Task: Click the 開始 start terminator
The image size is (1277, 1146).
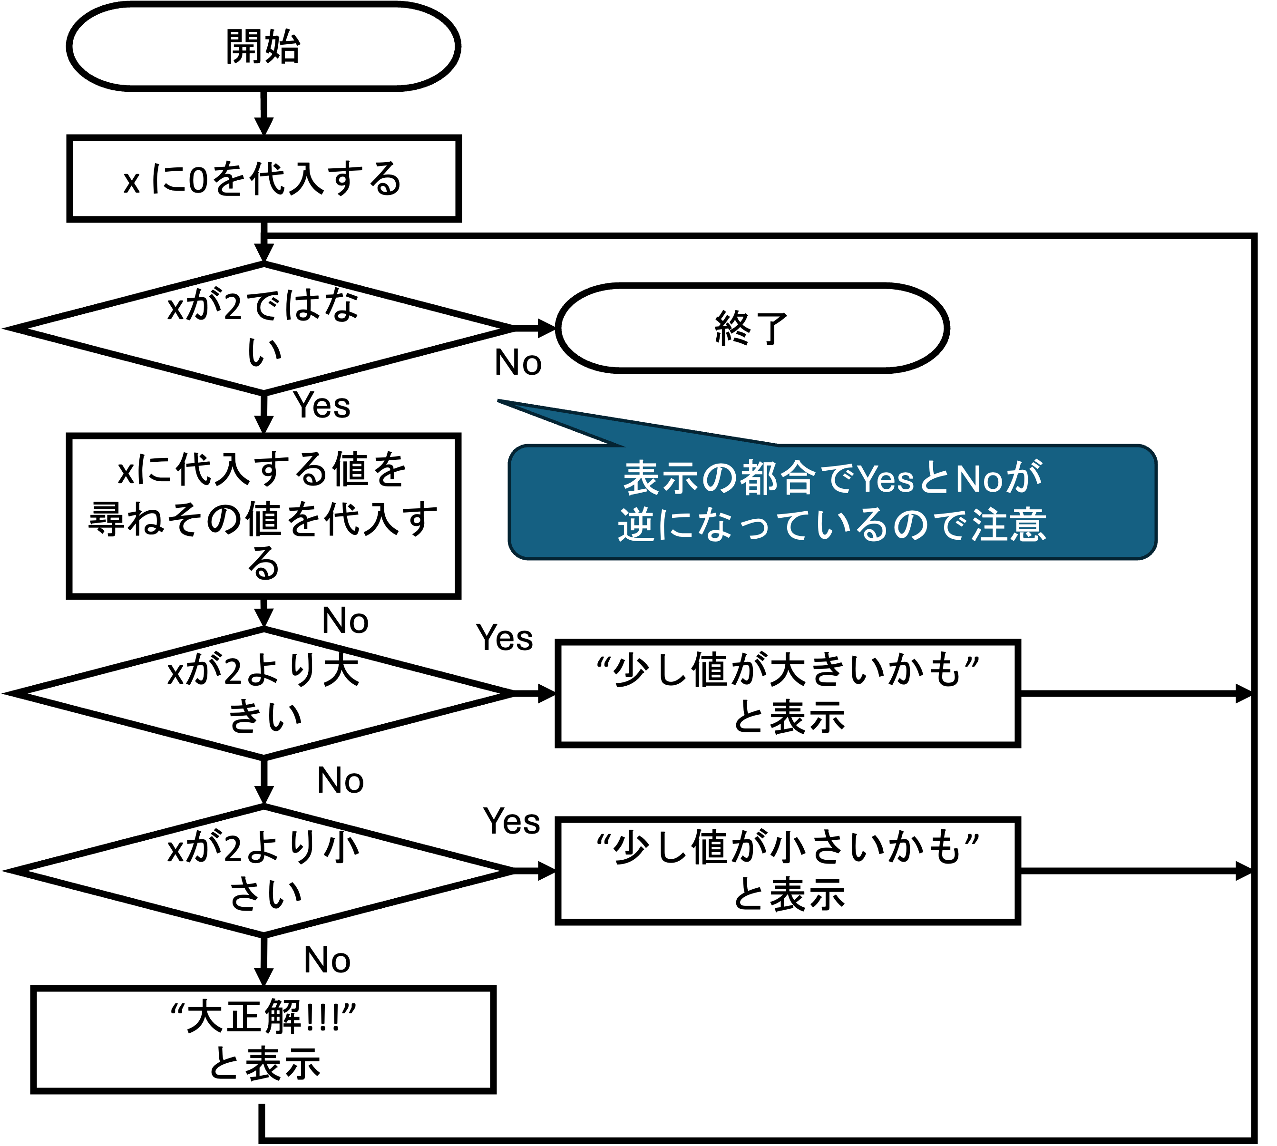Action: click(263, 47)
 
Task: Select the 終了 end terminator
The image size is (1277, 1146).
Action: click(752, 328)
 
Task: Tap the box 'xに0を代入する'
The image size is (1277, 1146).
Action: click(264, 179)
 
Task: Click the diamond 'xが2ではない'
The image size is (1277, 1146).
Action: click(264, 329)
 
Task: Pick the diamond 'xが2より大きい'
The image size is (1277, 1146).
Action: click(264, 693)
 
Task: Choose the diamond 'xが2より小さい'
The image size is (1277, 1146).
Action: click(264, 871)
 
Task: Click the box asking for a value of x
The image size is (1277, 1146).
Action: click(264, 515)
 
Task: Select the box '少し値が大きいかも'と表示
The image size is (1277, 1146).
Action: click(788, 693)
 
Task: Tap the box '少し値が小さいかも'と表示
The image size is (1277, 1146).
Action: click(788, 871)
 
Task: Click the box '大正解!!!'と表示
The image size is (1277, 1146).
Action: click(263, 1039)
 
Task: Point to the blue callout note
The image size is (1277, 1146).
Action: click(832, 502)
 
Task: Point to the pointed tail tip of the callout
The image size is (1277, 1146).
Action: click(499, 400)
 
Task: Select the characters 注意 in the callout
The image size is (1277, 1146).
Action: click(1009, 524)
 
